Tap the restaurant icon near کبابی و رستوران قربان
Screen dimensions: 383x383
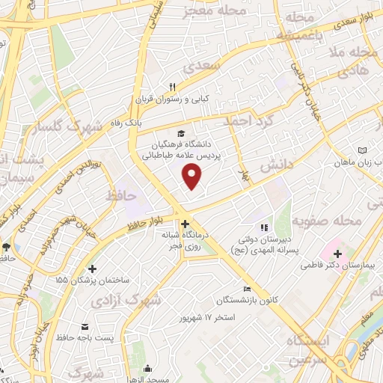point(173,87)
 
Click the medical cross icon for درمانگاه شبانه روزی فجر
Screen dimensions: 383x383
point(185,223)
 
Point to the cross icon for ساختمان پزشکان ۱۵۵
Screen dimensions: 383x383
point(92,269)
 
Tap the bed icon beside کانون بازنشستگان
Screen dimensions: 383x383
point(248,289)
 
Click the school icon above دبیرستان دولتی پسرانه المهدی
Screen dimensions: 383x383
point(263,227)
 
